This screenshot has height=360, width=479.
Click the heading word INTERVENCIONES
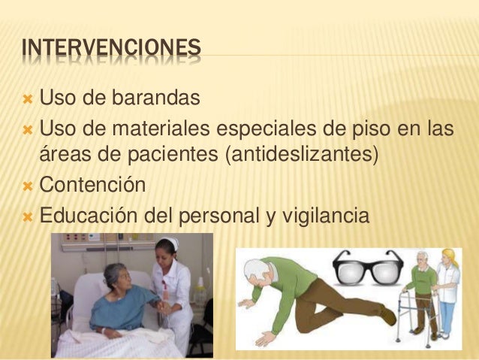(112, 49)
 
